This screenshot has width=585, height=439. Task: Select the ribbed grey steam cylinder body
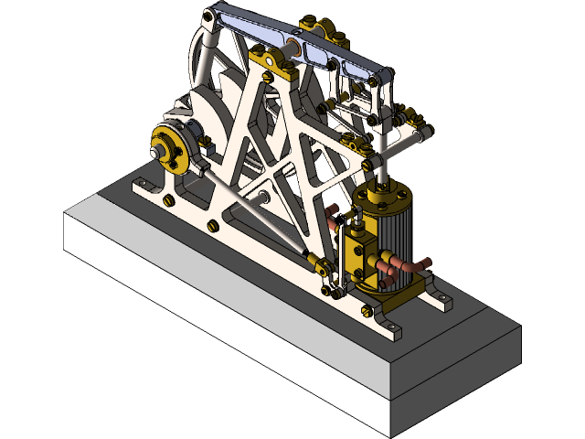(399, 234)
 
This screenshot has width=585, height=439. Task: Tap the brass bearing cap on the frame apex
(270, 60)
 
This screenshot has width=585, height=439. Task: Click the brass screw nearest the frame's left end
(169, 198)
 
